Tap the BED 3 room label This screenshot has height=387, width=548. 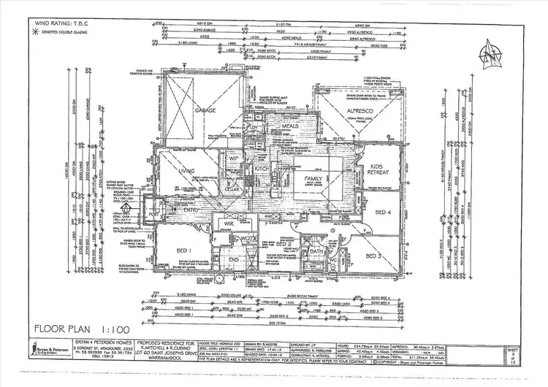pos(373,256)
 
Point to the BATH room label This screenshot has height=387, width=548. pos(316,252)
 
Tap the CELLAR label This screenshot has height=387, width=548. pos(233,189)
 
